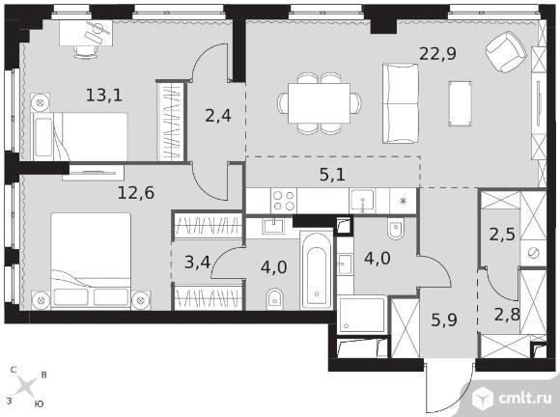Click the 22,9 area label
point(437,54)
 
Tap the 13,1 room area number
point(104,95)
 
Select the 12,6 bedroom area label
point(136,193)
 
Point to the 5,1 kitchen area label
point(332,175)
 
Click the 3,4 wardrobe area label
point(197,264)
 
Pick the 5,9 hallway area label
point(444,320)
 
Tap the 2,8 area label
point(507,315)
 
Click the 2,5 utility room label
point(502,235)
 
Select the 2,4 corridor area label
point(218,116)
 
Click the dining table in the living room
point(319,103)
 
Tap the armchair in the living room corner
point(506,51)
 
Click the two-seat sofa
point(400,103)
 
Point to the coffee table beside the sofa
point(460,103)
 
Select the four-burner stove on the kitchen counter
point(284,201)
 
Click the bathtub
point(316,270)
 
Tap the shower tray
point(362,314)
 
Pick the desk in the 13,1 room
point(86,33)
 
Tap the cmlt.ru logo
point(512,398)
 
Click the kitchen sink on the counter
point(362,201)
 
